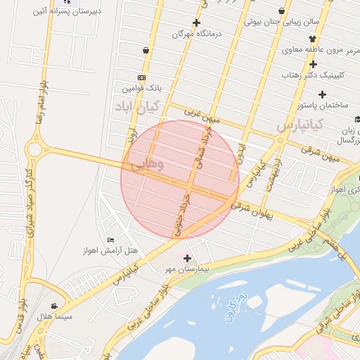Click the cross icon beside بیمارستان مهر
tap(186, 259)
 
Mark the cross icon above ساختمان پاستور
tap(322, 94)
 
